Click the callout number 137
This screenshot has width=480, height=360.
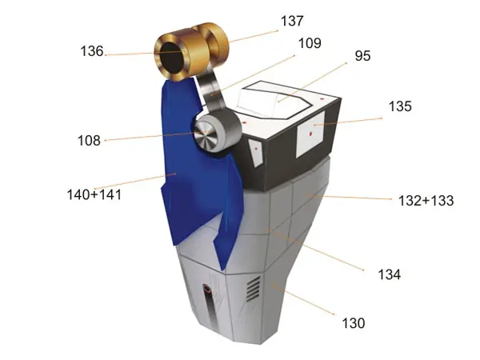[292, 21]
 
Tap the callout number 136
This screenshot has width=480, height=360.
[92, 51]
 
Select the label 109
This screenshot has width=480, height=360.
[310, 43]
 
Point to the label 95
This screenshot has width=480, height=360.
[362, 56]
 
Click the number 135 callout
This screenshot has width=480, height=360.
[400, 106]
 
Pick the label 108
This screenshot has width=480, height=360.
[89, 141]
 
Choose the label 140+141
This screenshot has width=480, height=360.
[94, 194]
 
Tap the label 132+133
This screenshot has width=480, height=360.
[426, 201]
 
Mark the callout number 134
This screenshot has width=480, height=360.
[390, 274]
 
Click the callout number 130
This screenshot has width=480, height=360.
[354, 323]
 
